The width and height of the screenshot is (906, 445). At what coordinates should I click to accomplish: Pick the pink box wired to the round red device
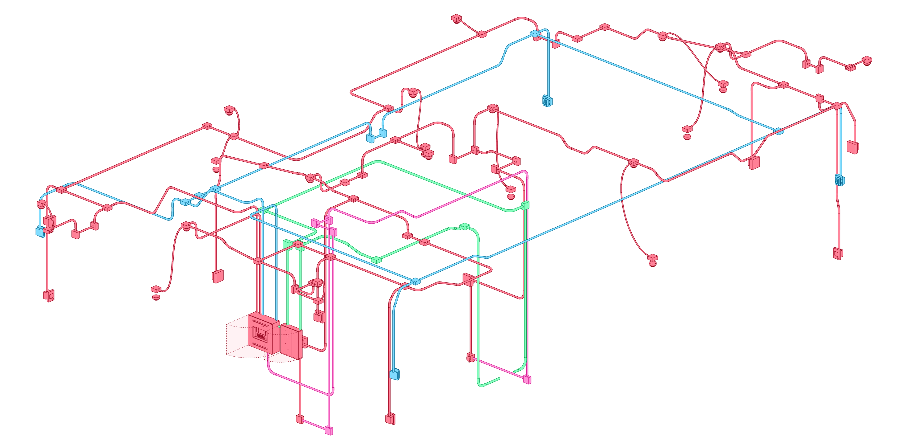pos(527,379)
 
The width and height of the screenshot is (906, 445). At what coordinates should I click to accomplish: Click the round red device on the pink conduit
pos(470,358)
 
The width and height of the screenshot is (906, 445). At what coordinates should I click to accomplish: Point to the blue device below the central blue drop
pos(395,374)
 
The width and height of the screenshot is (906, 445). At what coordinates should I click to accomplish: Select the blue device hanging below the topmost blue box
pos(547,101)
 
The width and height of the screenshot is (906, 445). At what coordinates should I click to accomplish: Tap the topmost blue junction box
pos(535,33)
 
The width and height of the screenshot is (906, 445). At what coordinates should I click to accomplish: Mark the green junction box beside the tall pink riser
pos(525,205)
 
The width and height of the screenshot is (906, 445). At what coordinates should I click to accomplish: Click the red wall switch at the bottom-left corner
pos(50,296)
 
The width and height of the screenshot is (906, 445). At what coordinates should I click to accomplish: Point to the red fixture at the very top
pos(456,19)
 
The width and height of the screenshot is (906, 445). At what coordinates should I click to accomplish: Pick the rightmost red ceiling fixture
pos(867,61)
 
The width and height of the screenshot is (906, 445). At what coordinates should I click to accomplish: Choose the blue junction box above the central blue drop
pos(415,281)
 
